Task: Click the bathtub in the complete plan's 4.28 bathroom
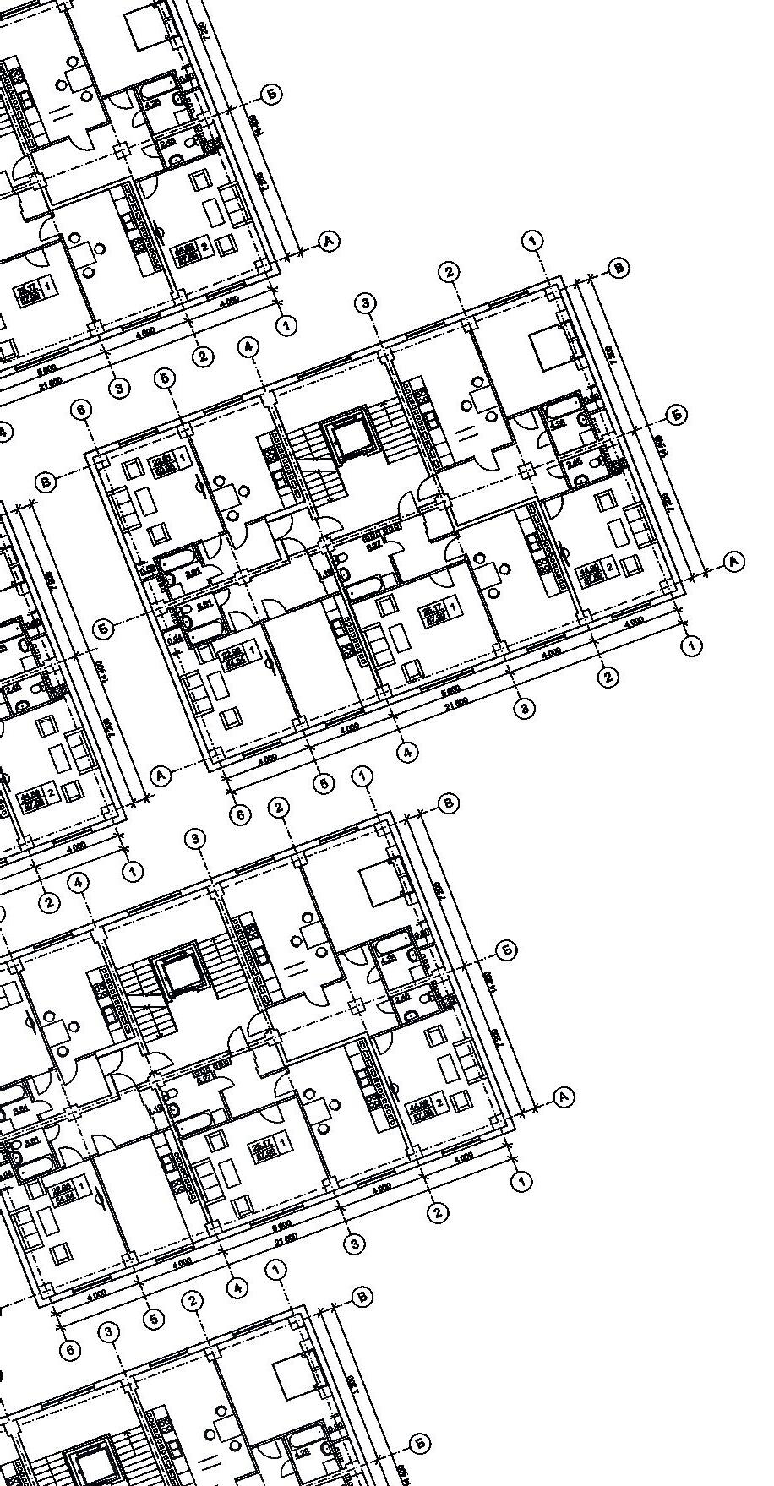[559, 413]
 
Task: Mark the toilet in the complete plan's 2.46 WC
[582, 480]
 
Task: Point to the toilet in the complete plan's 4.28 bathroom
[586, 420]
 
